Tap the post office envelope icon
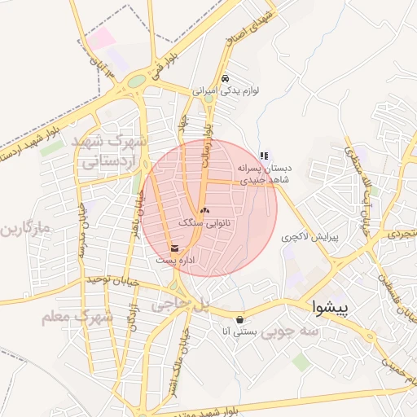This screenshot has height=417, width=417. pos(175,248)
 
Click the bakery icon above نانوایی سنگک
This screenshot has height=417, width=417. pos(204,210)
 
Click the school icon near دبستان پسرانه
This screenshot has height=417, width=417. pos(264,156)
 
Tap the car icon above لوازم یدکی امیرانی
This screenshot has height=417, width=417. pos(226,79)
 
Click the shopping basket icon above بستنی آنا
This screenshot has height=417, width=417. pos(239,319)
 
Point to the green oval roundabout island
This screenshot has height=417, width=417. pos(136,81)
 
